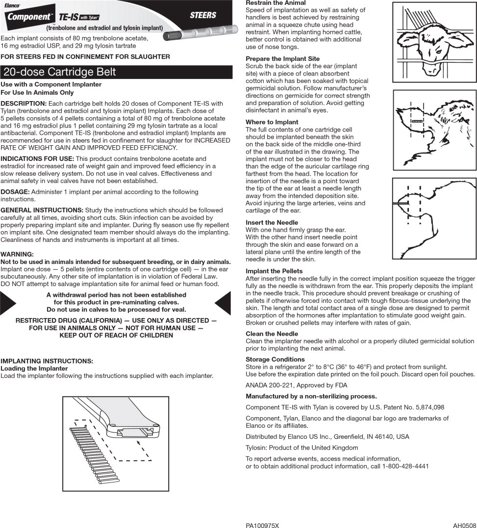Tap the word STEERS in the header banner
tap(202, 15)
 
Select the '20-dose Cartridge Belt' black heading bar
tap(116, 72)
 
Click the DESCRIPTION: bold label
tap(24, 104)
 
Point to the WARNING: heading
tap(17, 254)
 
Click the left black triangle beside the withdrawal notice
tap(8, 302)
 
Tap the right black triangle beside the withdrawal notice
tap(223, 302)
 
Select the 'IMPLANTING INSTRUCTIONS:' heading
tap(47, 361)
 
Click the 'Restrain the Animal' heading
tap(275, 3)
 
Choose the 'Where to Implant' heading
tap(272, 122)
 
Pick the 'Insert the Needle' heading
tap(272, 223)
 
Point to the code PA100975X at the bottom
tap(262, 526)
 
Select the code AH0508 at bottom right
tap(464, 526)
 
